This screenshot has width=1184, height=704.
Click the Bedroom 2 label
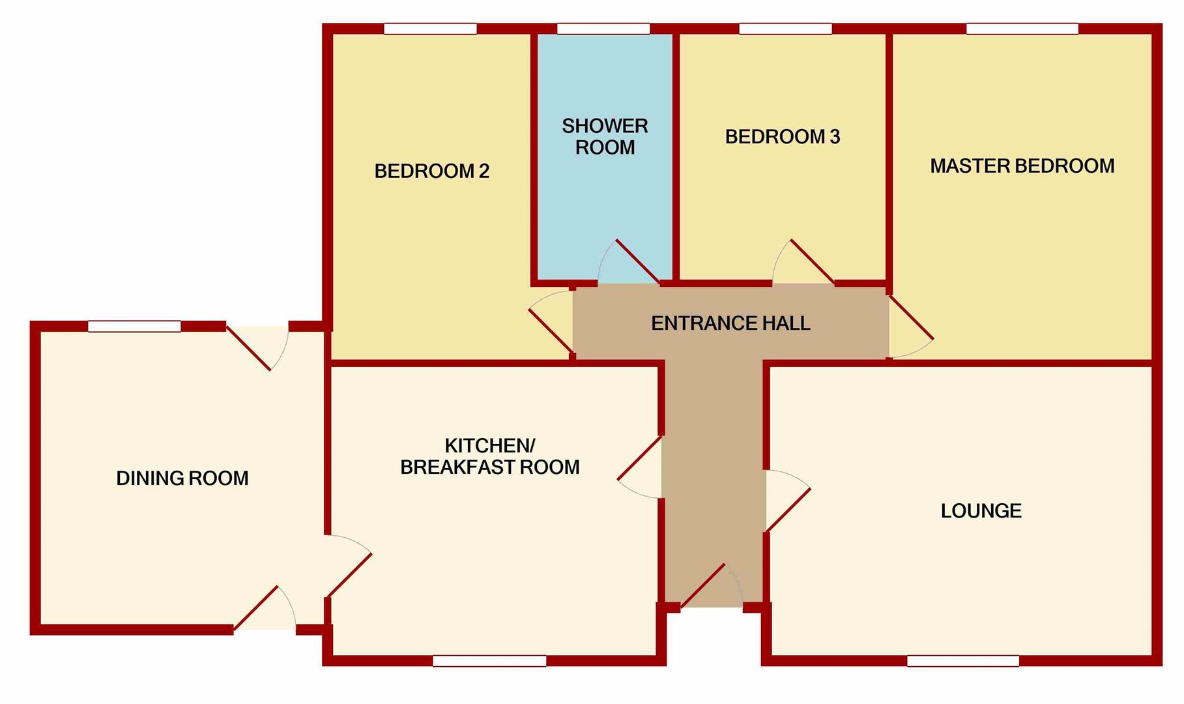coord(431,171)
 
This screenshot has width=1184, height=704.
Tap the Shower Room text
coord(605,136)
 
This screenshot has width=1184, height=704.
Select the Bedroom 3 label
coord(782,136)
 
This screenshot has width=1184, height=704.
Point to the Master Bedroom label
coord(1022,166)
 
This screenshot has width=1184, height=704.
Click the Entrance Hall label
coord(730,323)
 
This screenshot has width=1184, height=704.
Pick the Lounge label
coord(981,510)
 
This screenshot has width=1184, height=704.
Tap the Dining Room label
coord(182,478)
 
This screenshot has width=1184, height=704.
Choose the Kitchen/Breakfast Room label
coord(489,456)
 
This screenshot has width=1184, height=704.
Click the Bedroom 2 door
coord(551,330)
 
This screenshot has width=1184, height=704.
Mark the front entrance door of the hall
coord(702,587)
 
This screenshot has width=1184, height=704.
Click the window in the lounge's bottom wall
coord(962,661)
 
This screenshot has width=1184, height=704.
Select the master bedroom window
coord(1022,29)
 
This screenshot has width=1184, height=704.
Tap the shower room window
coord(603,29)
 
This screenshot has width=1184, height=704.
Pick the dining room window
coord(134,326)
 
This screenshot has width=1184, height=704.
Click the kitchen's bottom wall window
coord(489,661)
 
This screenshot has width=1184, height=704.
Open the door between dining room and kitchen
coord(349,575)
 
